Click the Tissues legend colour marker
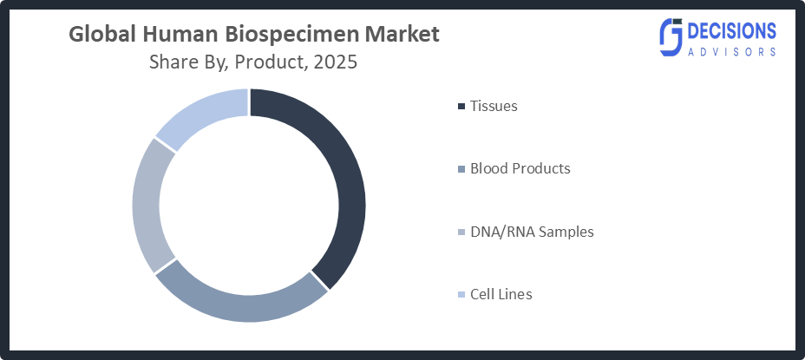pos(460,107)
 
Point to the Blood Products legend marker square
pos(460,169)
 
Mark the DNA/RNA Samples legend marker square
pos(460,232)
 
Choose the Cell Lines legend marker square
pos(460,295)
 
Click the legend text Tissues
pos(494,107)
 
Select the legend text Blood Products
pos(520,168)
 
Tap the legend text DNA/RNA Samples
pos(532,232)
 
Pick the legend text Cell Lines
pos(501,294)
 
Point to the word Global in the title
pos(97,35)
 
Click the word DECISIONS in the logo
pos(730,30)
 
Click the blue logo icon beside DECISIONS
pos(671,37)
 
